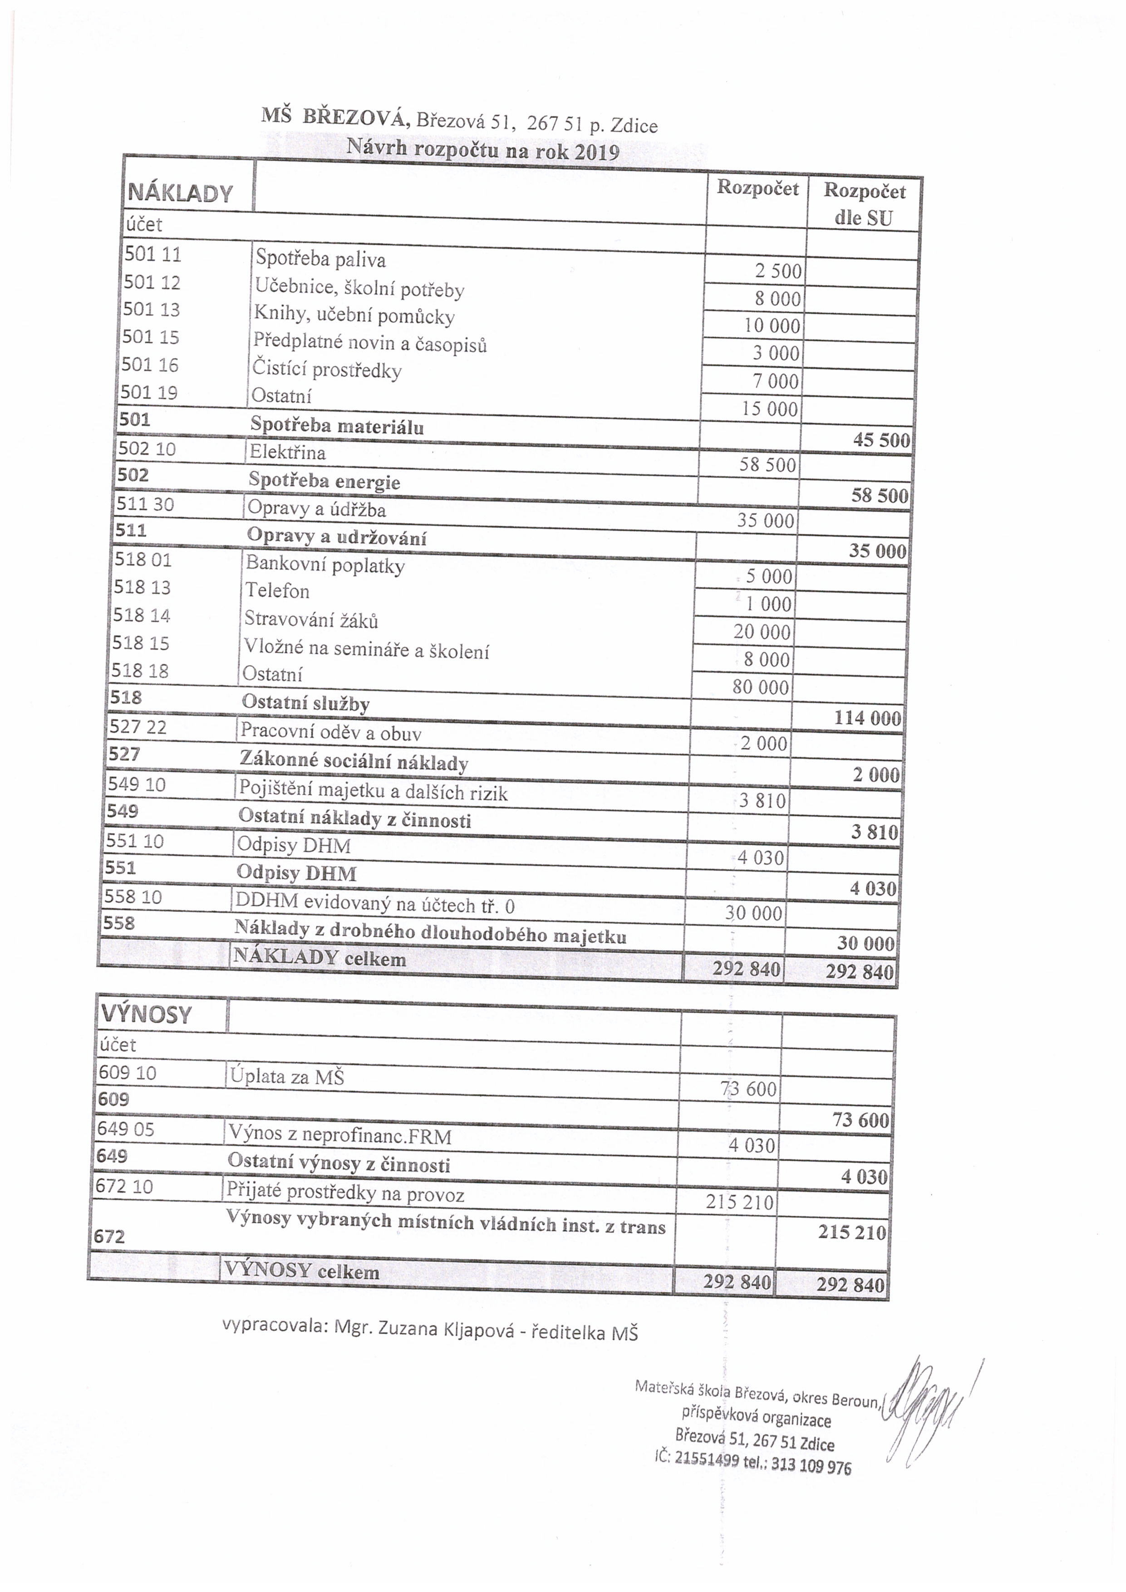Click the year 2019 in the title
tap(596, 153)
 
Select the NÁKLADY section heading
tap(180, 193)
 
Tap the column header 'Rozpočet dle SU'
tap(864, 205)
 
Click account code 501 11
tap(152, 255)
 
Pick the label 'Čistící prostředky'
tap(327, 369)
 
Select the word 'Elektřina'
tap(288, 452)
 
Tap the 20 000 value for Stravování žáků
tap(761, 631)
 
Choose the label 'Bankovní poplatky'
tap(325, 565)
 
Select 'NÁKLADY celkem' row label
tap(320, 958)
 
